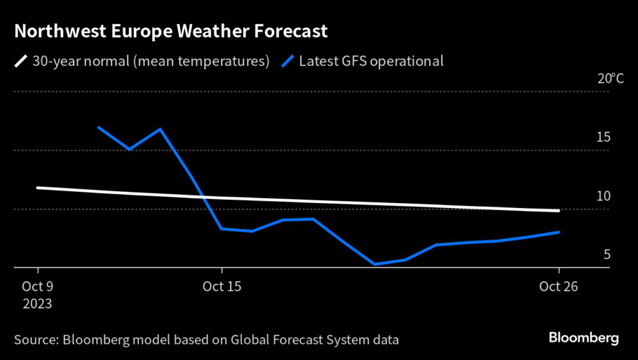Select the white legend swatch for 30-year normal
21,61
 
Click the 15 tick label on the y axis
602,138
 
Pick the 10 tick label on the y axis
602,196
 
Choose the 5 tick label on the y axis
606,255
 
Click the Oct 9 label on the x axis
38,287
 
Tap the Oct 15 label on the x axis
222,287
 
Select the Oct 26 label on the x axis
559,287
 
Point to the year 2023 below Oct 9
38,305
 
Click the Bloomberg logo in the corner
584,338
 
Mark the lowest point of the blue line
375,265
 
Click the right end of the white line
558,211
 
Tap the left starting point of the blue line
99,128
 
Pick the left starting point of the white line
38,187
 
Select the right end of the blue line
558,232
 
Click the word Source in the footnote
36,340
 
